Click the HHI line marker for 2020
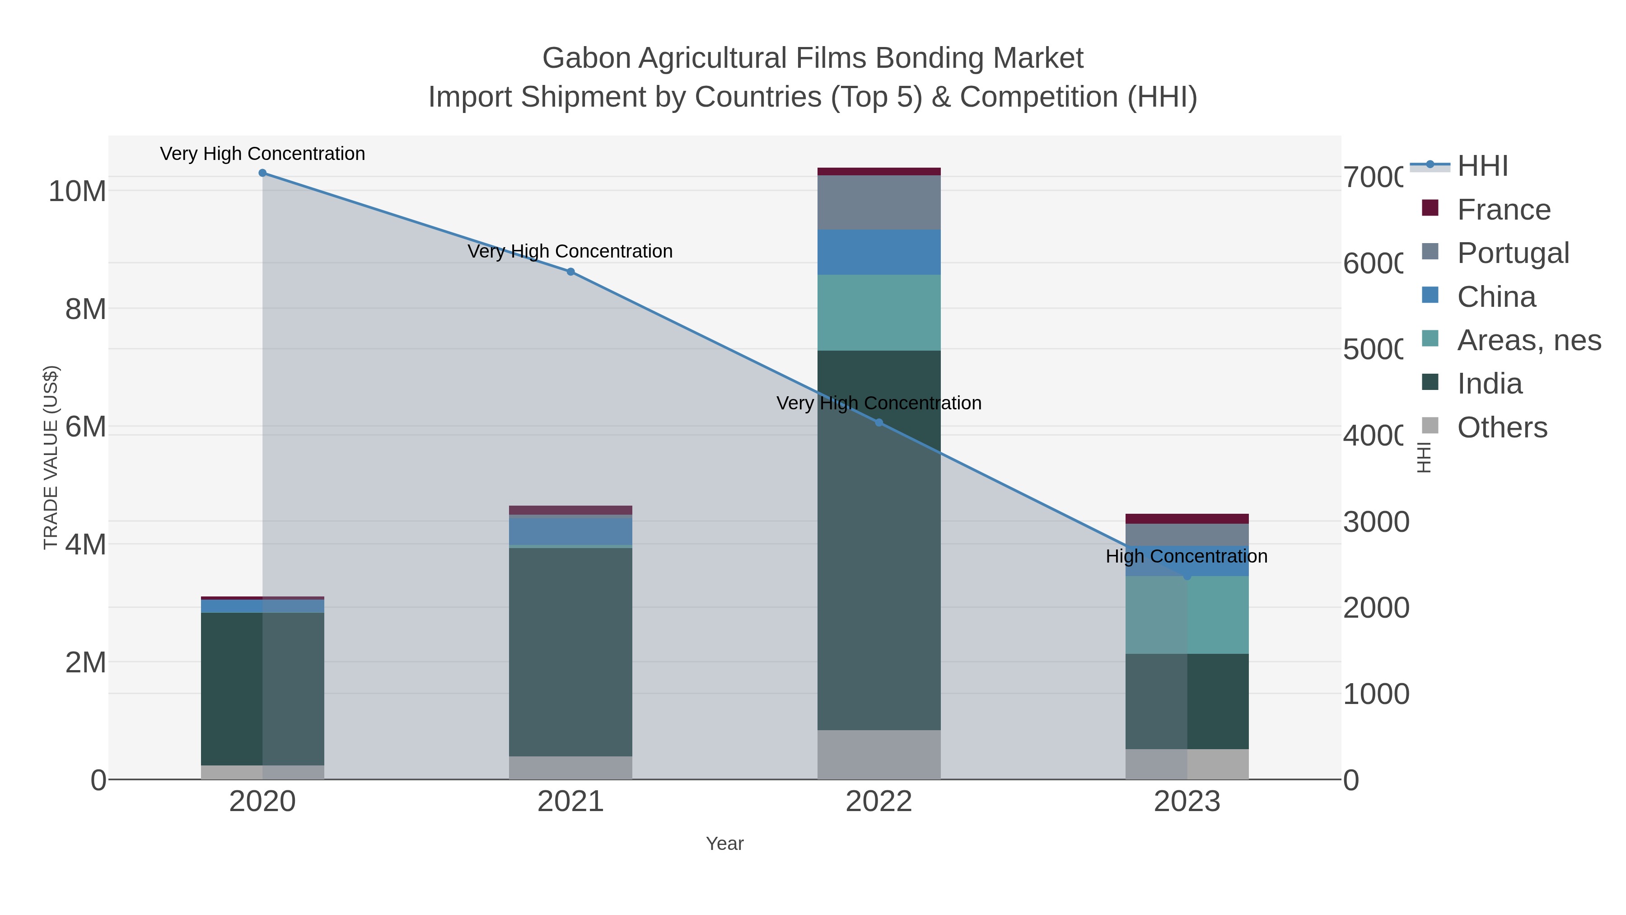click(x=262, y=173)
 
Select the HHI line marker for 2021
click(x=570, y=272)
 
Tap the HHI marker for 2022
click(x=878, y=422)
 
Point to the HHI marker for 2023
click(x=1187, y=576)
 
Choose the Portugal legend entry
click(x=1512, y=253)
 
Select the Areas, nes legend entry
click(x=1529, y=340)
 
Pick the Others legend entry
click(x=1502, y=427)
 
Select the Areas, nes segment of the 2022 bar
click(x=878, y=313)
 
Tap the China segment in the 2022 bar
click(x=878, y=252)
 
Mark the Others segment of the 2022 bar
click(x=878, y=755)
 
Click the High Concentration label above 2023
click(x=1187, y=556)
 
